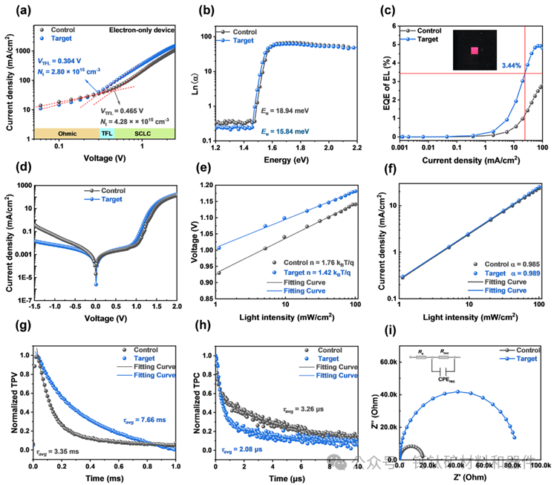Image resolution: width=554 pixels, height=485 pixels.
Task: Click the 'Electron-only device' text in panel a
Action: click(142, 30)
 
